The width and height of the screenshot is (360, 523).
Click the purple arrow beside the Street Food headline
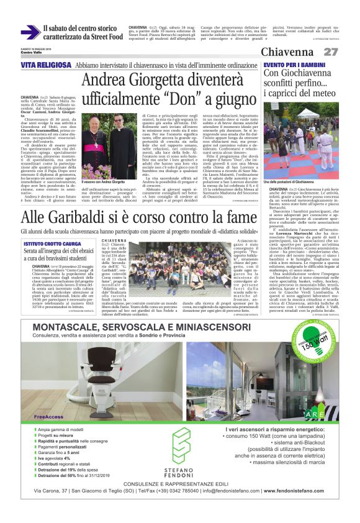(x=29, y=32)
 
